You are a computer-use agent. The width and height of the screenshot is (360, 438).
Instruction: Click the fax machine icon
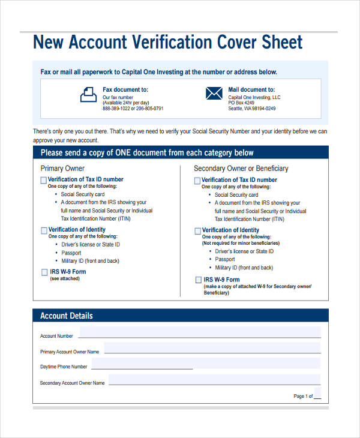point(88,94)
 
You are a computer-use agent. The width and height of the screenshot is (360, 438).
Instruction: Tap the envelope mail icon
point(214,93)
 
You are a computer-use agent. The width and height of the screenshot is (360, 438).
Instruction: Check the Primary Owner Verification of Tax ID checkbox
point(44,180)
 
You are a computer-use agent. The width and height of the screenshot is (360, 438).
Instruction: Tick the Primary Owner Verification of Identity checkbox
point(44,230)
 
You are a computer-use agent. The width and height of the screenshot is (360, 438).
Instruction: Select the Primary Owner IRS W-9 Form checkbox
point(44,272)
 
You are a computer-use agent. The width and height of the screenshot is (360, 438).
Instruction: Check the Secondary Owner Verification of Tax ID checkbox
point(197,181)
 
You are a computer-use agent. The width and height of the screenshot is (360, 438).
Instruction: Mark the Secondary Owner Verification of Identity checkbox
point(197,231)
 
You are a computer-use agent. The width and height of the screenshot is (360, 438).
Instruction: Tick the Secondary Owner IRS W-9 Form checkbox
point(199,280)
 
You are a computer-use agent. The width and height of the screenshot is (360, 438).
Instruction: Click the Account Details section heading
point(66,316)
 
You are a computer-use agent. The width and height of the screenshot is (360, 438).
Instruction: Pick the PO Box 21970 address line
point(243,103)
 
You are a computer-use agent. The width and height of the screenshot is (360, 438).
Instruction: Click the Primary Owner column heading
point(62,169)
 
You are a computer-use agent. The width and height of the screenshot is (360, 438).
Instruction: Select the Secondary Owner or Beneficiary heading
point(241,169)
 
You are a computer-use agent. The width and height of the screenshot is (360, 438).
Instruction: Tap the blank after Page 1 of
point(317,397)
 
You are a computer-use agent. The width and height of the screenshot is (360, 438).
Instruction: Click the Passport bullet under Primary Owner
point(71,253)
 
